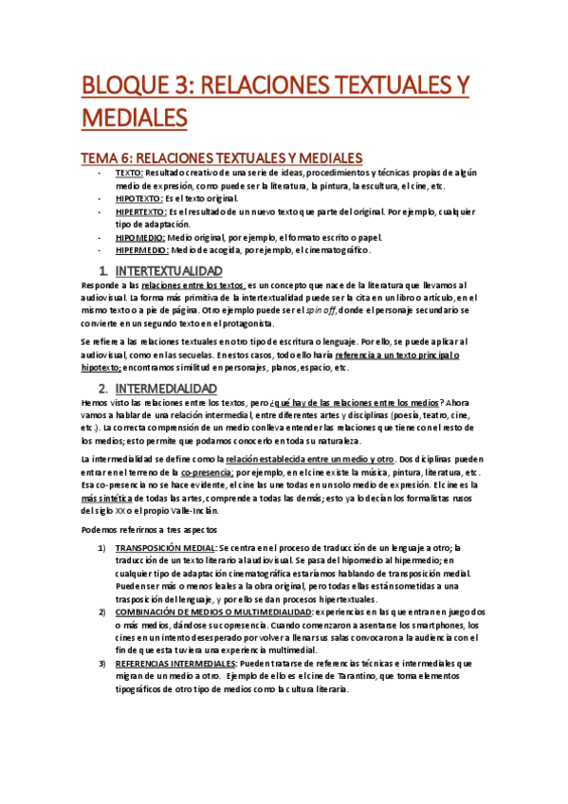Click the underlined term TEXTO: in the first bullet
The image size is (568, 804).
129,174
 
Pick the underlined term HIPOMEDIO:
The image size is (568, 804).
140,238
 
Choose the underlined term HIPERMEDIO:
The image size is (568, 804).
142,250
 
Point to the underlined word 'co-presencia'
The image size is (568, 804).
208,471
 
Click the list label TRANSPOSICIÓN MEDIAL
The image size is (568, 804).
165,548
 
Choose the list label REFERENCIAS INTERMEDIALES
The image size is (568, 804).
184,665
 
